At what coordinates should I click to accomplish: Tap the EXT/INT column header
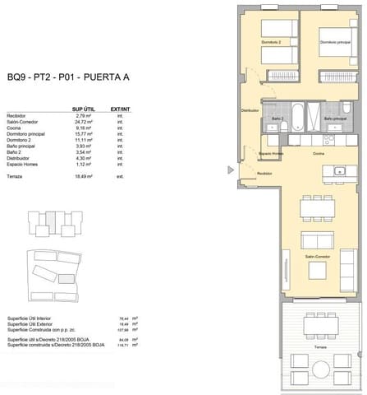click(x=121, y=108)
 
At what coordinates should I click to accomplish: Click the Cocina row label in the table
click(x=15, y=127)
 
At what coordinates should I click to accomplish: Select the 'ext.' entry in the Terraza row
click(x=120, y=176)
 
